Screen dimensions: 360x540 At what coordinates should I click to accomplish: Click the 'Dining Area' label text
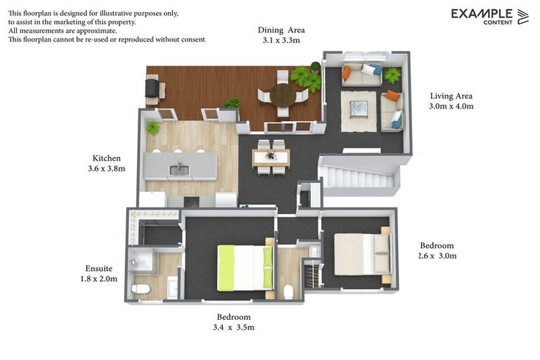(x=281, y=30)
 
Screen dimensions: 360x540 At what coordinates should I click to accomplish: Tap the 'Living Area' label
(x=451, y=96)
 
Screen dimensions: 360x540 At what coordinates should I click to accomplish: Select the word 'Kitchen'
(x=107, y=158)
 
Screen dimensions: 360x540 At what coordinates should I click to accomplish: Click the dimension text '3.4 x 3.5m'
(x=233, y=327)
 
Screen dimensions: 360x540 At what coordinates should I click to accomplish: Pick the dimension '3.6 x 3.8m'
(x=103, y=169)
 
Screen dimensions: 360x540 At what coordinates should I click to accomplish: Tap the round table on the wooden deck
(x=283, y=95)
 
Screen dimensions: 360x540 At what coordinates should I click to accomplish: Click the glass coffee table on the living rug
(x=359, y=109)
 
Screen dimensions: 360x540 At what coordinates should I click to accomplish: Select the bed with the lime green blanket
(x=244, y=266)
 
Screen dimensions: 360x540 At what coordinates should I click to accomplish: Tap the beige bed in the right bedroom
(x=361, y=254)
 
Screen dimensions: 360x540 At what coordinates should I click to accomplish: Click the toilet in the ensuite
(x=141, y=288)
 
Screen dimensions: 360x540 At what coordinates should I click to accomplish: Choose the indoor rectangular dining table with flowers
(x=270, y=157)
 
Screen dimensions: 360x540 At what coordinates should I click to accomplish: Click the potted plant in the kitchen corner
(x=153, y=128)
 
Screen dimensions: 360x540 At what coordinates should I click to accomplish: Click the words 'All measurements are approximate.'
(x=63, y=31)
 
